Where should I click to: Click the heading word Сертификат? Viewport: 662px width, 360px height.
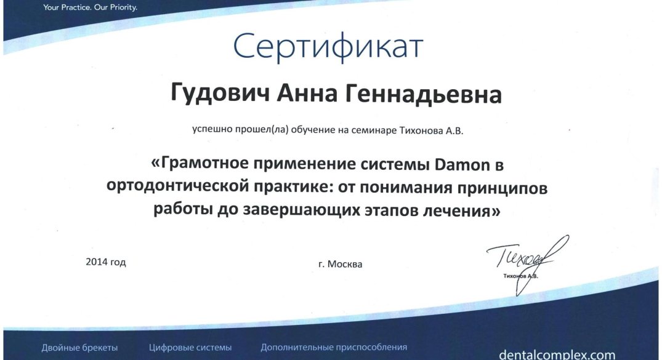click(x=328, y=46)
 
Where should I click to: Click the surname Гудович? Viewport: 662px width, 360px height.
click(x=220, y=94)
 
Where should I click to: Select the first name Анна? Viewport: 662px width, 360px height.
click(x=307, y=94)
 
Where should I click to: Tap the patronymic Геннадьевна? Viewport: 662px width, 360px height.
click(x=424, y=94)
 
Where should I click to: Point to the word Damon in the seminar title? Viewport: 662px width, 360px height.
click(x=462, y=164)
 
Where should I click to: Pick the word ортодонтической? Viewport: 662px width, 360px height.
click(x=177, y=186)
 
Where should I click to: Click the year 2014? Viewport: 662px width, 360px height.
click(x=97, y=262)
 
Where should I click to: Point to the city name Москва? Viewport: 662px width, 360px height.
click(x=345, y=264)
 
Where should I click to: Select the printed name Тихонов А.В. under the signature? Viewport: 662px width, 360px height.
click(x=520, y=276)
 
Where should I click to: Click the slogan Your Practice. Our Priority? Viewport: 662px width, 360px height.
click(x=90, y=7)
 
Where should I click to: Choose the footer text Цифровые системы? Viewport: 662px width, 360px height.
click(x=190, y=348)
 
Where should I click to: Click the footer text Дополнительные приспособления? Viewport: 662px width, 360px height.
click(x=334, y=347)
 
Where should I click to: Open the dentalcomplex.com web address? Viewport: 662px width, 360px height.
click(x=557, y=354)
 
